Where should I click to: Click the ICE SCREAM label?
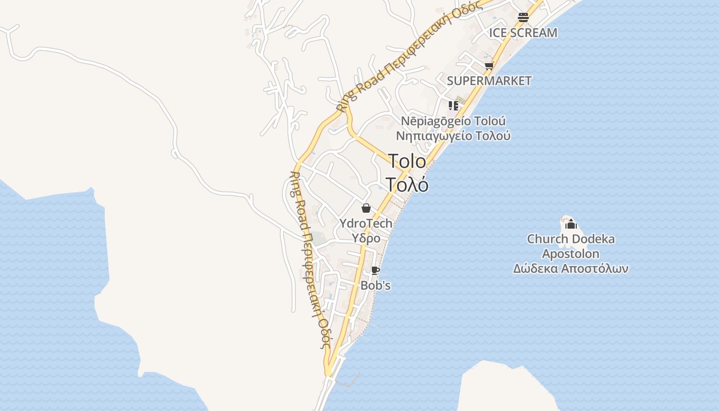tap(523, 33)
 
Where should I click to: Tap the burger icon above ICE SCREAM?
tap(523, 17)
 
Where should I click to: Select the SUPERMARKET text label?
tap(489, 81)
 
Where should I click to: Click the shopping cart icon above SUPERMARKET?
tap(489, 66)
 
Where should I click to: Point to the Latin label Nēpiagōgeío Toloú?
tap(453, 121)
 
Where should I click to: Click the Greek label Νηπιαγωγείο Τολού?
tap(453, 136)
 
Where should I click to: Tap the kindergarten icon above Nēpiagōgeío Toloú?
tap(453, 106)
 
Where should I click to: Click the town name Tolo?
tap(407, 161)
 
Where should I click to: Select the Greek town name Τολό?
tap(407, 184)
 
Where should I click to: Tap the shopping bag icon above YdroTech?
tap(366, 208)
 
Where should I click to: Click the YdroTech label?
tap(366, 223)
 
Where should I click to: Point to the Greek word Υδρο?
tap(366, 238)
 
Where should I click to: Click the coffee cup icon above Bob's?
tap(375, 270)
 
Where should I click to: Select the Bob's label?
tap(375, 285)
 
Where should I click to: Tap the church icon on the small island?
tap(571, 224)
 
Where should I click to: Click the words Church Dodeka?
tap(571, 239)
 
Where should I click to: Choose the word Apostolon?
tap(571, 254)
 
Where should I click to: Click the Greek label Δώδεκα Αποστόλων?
tap(571, 269)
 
